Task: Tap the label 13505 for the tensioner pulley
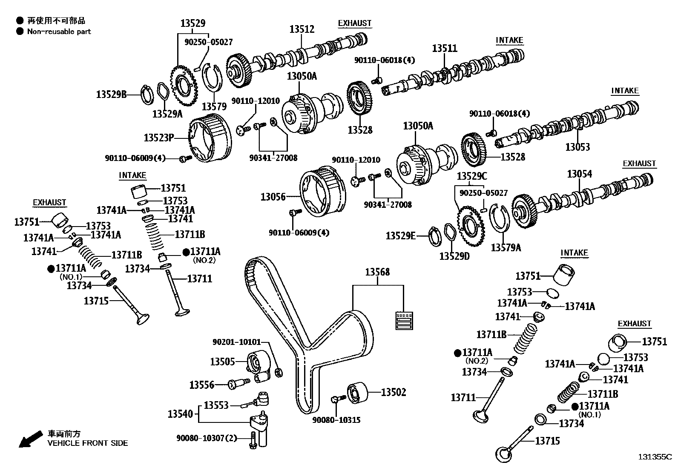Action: (222, 362)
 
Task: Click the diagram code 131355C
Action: (654, 457)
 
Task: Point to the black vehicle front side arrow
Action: (30, 439)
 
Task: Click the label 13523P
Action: (159, 138)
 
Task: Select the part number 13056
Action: (273, 197)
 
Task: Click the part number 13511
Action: (445, 48)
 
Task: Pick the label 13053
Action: (577, 147)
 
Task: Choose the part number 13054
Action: (580, 174)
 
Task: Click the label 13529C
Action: (472, 176)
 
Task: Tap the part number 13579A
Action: (506, 248)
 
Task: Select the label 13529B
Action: (111, 95)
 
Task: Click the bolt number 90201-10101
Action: (236, 342)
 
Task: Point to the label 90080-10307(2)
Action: (207, 438)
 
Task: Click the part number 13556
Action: (202, 385)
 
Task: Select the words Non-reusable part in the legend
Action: (59, 32)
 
